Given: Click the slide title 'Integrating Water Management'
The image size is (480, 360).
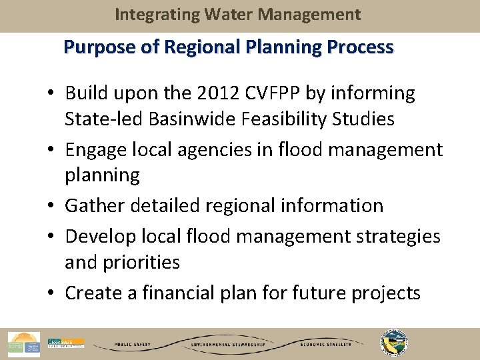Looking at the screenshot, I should tap(237, 14).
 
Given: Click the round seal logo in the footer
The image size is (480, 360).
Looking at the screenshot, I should tap(394, 343).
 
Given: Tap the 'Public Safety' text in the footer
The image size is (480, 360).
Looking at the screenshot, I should tap(132, 345).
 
